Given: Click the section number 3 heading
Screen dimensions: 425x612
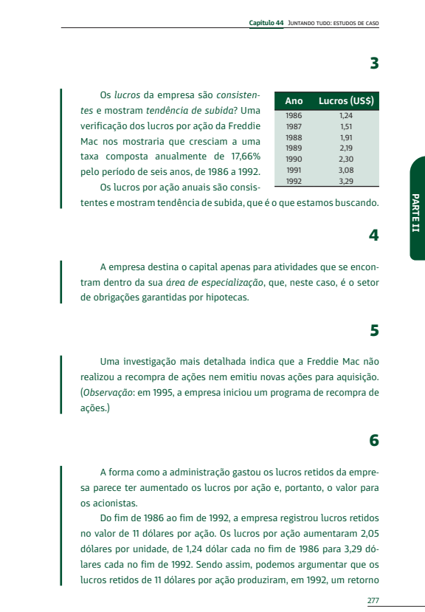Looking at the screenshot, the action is (x=374, y=63).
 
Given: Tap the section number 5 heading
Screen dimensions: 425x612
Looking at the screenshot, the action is (x=374, y=330).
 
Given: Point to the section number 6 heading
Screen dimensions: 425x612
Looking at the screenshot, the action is (x=374, y=441).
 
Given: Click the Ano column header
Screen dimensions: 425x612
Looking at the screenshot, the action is (x=294, y=101).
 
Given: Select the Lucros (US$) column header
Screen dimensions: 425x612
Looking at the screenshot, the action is (x=346, y=101).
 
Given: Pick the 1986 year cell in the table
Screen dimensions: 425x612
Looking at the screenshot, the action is (x=294, y=116).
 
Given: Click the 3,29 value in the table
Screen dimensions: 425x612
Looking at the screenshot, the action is (x=346, y=181).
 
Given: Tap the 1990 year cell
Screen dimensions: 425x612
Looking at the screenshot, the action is (x=294, y=159).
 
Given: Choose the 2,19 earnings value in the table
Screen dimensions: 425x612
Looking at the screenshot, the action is (x=346, y=148).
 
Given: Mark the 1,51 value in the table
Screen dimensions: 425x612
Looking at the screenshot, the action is (x=346, y=127).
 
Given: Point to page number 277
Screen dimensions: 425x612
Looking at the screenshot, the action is (x=373, y=600).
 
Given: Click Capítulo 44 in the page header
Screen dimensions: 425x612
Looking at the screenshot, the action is (x=266, y=23).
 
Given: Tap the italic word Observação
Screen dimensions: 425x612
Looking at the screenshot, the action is (x=108, y=392).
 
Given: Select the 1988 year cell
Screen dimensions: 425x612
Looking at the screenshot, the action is (x=294, y=137).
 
